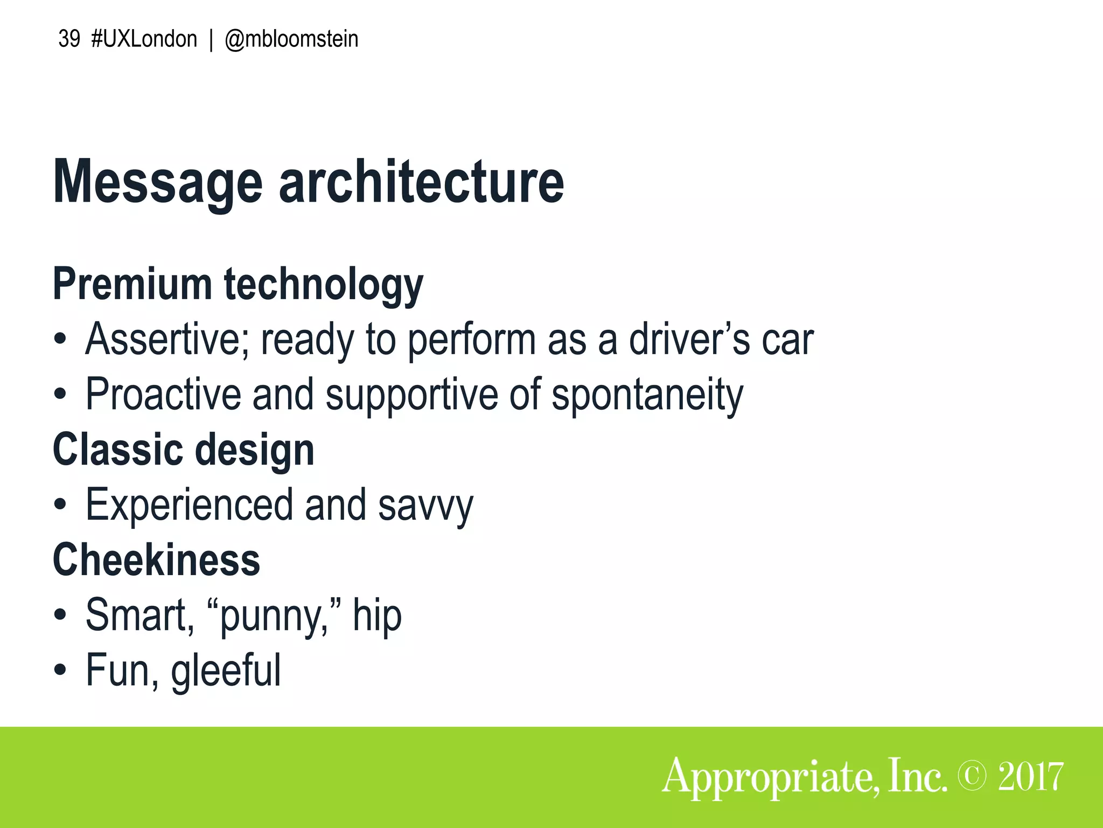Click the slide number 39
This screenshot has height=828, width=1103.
point(69,39)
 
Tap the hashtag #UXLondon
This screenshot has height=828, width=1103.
point(144,39)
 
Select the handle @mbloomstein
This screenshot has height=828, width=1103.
point(291,39)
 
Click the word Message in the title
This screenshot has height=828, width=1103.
point(158,182)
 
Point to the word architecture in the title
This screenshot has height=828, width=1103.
point(421,182)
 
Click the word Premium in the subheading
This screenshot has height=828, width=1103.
point(132,284)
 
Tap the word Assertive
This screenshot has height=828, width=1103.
point(167,340)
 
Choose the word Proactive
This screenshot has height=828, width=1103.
point(163,395)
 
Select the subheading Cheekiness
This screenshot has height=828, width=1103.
point(156,560)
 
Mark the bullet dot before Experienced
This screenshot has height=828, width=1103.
point(60,506)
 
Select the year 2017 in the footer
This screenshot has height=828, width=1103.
point(1030,776)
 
